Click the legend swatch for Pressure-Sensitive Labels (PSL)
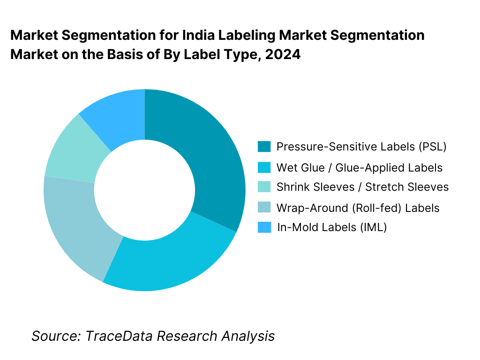(x=264, y=147)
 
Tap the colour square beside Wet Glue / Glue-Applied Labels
(x=264, y=167)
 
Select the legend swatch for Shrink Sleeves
(x=264, y=187)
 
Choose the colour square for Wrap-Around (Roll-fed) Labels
(x=264, y=208)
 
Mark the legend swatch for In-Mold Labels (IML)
(x=264, y=227)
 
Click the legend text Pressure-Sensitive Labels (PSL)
(x=361, y=147)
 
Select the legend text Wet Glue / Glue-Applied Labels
(x=360, y=167)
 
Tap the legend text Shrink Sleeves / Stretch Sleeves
(x=362, y=187)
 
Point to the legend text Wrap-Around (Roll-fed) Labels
(x=358, y=208)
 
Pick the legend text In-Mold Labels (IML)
(x=331, y=227)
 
